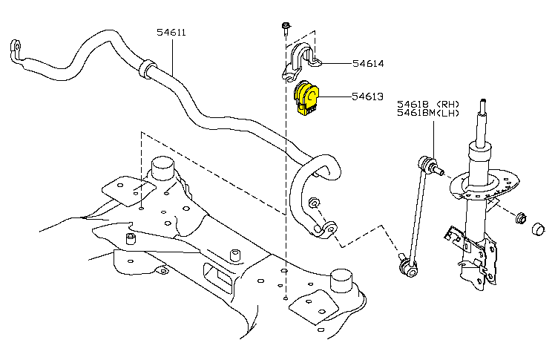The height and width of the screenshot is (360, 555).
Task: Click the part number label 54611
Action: (x=171, y=33)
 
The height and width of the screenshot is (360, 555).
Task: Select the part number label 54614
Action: (x=368, y=64)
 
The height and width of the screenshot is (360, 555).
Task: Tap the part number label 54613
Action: (x=368, y=96)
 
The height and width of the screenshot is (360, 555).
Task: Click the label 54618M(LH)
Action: (x=429, y=113)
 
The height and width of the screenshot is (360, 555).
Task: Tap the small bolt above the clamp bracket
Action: (x=286, y=28)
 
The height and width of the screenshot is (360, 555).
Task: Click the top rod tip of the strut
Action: (x=483, y=108)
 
